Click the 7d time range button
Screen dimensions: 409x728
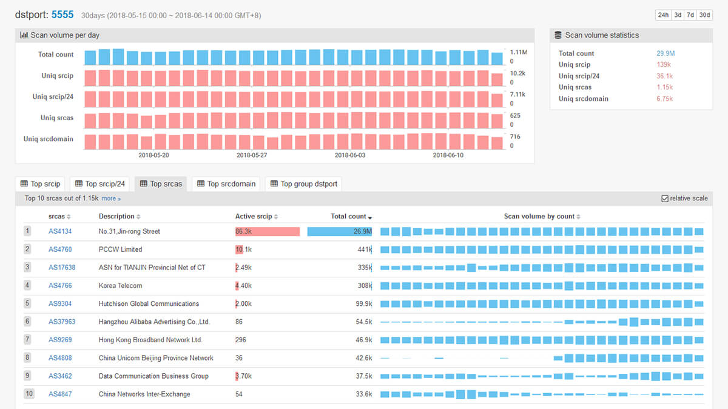point(690,15)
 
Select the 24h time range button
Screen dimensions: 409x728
point(663,15)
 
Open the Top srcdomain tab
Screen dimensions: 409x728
point(227,184)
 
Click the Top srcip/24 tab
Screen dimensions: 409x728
point(99,184)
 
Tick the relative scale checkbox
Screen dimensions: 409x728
point(665,198)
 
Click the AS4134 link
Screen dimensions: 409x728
point(60,231)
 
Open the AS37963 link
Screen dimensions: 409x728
point(62,322)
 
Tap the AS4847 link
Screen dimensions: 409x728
point(60,394)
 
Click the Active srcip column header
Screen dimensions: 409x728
point(254,216)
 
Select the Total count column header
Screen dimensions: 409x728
point(349,216)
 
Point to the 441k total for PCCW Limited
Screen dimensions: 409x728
point(365,249)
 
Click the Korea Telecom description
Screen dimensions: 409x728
point(120,286)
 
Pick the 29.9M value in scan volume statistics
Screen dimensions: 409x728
point(665,53)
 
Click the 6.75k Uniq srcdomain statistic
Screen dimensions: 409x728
point(664,99)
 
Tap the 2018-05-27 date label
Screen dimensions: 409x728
point(251,155)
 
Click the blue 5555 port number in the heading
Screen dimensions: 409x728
point(62,14)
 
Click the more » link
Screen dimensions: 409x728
point(111,198)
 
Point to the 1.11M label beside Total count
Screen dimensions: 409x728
point(518,53)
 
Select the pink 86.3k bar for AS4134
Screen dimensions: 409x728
point(268,231)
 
